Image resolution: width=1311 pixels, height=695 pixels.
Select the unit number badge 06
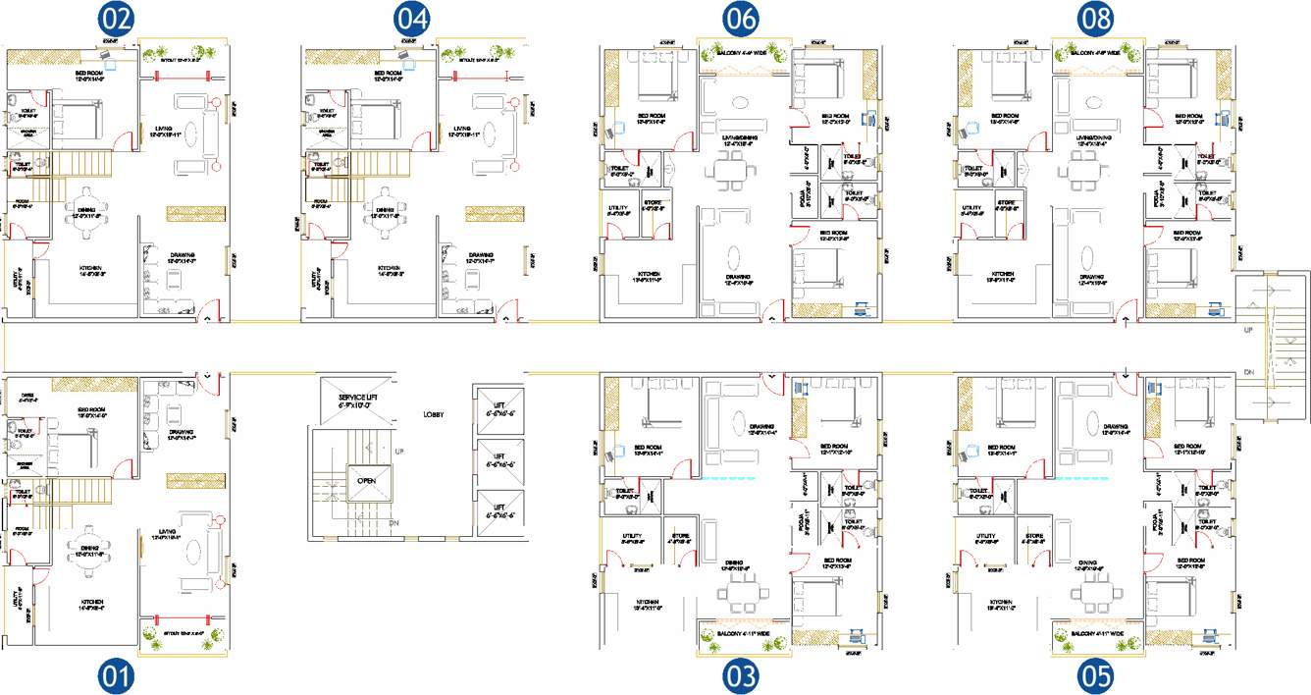pos(741,19)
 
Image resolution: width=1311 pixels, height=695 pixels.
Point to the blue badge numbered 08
pos(1095,19)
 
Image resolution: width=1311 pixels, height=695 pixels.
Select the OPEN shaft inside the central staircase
pos(366,481)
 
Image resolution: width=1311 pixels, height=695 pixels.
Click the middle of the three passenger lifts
pos(498,457)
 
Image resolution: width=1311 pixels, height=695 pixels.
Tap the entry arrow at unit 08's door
pos(1125,321)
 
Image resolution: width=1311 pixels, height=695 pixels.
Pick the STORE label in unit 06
pos(653,205)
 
